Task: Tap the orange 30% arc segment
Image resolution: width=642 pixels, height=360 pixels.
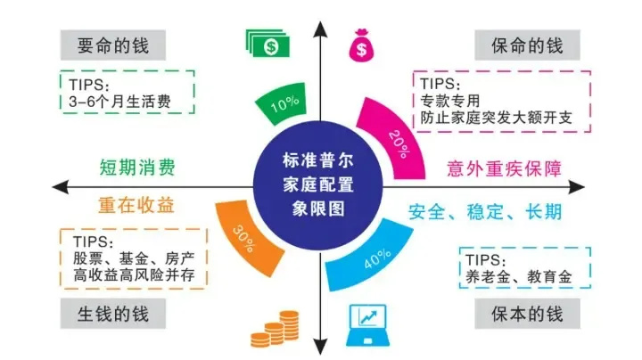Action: [x=242, y=235]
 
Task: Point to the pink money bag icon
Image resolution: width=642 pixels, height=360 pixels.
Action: [x=361, y=45]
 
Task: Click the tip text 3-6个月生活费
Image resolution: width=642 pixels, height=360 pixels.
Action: [x=119, y=102]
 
